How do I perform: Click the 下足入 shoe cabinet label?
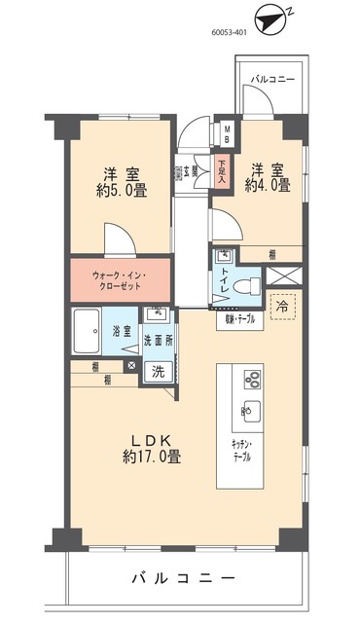pyautogui.click(x=223, y=172)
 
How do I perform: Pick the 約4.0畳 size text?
pyautogui.click(x=268, y=185)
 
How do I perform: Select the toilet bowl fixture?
pyautogui.click(x=249, y=285)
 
